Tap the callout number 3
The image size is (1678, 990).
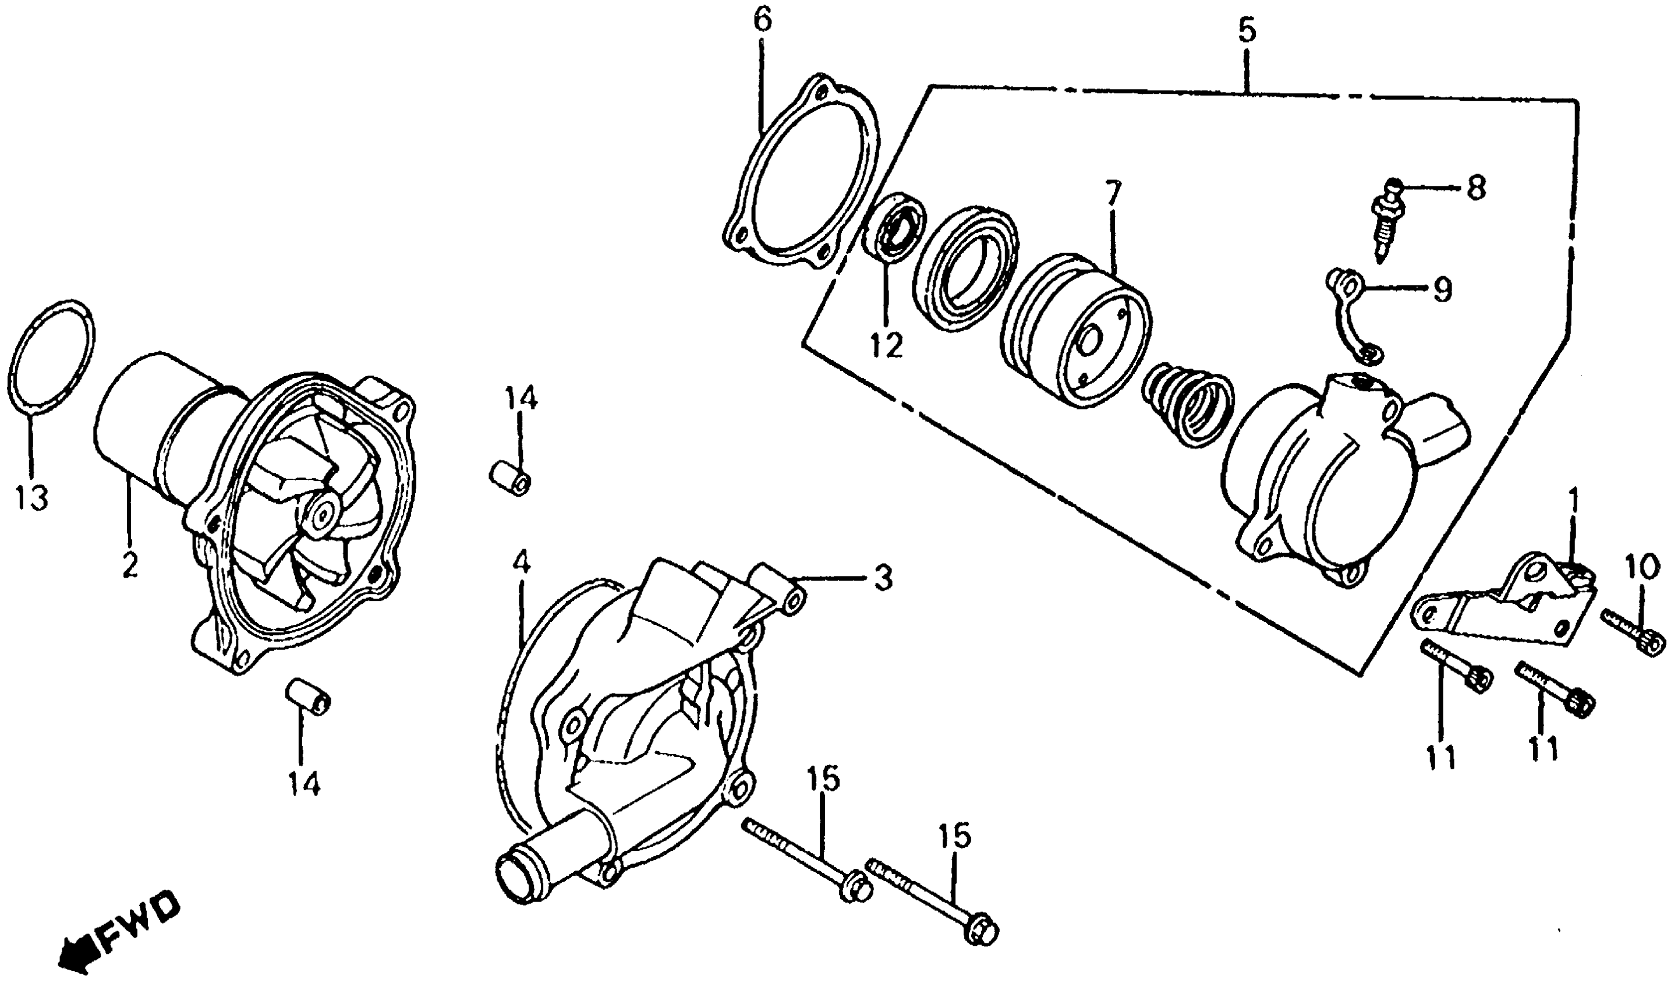pyautogui.click(x=882, y=578)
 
